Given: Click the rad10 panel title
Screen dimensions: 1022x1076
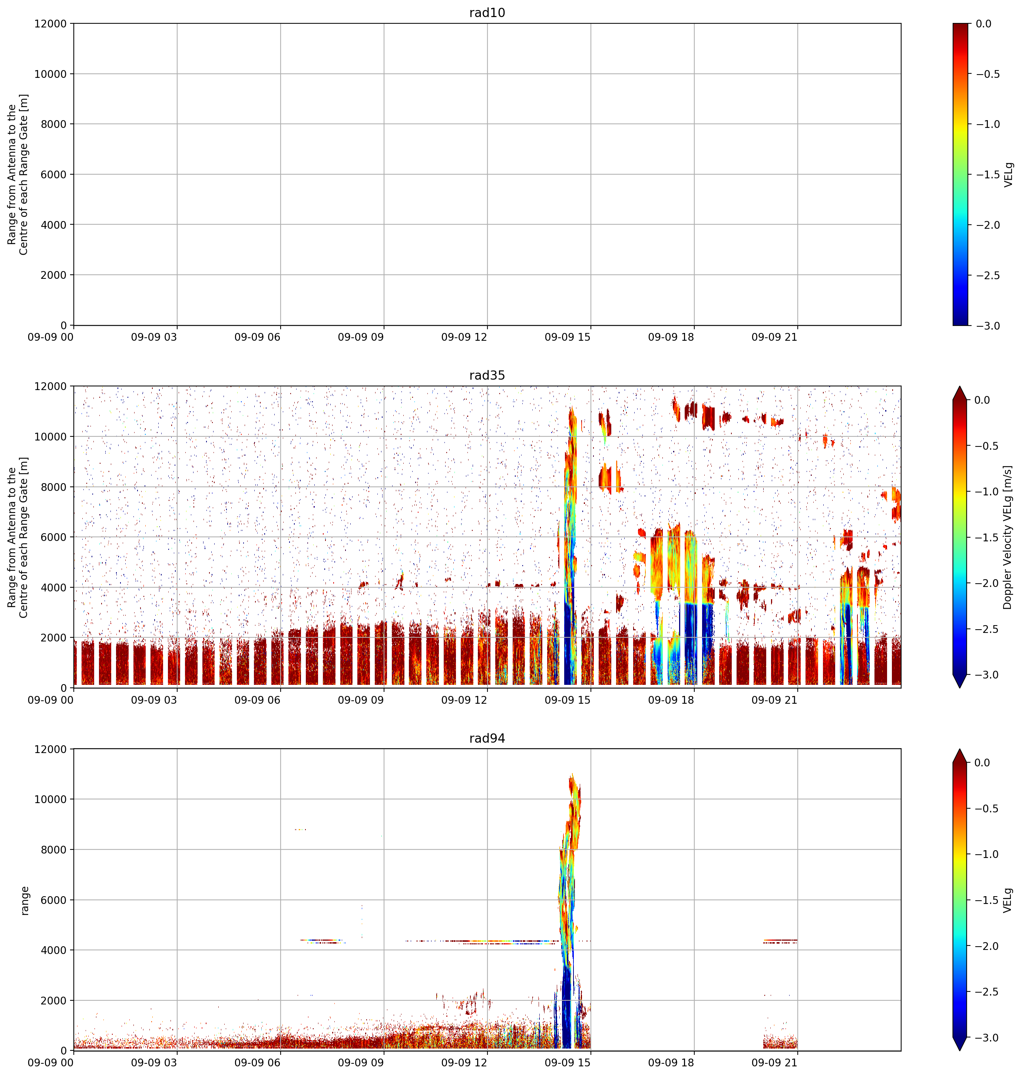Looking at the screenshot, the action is click(487, 13).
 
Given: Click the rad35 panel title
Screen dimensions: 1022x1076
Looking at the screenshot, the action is click(487, 375).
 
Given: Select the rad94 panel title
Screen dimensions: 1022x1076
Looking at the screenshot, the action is click(487, 738).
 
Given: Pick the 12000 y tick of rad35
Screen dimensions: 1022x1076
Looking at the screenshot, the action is click(51, 386).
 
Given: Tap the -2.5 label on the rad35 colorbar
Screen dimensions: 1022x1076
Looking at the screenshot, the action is click(988, 629).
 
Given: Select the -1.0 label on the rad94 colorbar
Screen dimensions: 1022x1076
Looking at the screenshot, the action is click(988, 854).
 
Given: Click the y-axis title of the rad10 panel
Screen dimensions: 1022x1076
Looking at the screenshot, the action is click(18, 174).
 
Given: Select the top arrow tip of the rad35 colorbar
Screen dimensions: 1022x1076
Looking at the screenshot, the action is click(959, 387).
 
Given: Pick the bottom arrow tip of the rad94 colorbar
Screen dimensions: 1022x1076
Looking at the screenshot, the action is click(959, 1050).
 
